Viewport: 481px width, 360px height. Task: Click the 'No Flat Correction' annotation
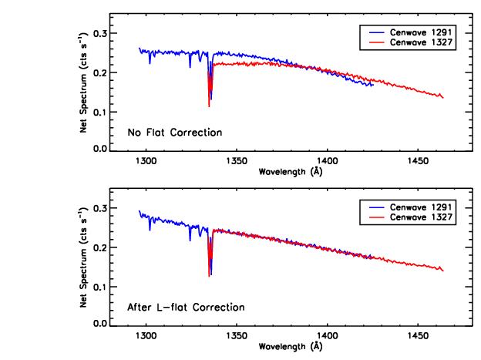[x=175, y=133]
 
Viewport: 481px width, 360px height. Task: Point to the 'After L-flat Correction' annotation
[x=185, y=308]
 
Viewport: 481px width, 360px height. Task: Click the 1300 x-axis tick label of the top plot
[x=145, y=161]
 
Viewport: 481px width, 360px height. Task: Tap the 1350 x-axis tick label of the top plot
[x=236, y=161]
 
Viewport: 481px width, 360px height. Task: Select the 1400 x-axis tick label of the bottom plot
[x=327, y=336]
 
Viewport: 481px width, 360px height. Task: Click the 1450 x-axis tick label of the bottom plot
[x=418, y=336]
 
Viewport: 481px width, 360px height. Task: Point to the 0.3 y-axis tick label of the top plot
[x=99, y=34]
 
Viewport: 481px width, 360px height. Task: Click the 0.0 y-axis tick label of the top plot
[x=99, y=149]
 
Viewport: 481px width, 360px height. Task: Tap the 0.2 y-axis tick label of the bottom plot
[x=99, y=248]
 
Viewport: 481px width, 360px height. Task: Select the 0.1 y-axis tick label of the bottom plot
[x=99, y=287]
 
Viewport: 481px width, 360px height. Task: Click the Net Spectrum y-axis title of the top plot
[x=82, y=91]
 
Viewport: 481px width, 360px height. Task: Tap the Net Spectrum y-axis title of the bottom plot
[x=82, y=266]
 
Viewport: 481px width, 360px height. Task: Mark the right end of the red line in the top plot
[x=443, y=97]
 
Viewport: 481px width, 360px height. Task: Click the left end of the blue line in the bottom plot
[x=139, y=210]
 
